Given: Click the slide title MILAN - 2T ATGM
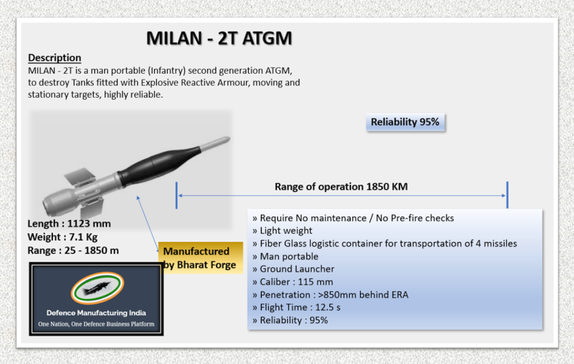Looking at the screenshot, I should (219, 38).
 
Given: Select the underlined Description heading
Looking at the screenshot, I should (54, 58).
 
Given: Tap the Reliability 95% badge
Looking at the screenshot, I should (405, 122).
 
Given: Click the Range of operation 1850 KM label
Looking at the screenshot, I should (341, 186).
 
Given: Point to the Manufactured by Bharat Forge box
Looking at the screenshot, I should (200, 258).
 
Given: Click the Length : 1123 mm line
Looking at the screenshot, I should (69, 224).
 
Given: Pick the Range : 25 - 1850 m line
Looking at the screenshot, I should (73, 251).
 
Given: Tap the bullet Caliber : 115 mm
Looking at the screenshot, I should (296, 282).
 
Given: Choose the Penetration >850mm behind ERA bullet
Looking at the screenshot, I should (334, 295).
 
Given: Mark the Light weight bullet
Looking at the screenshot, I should (286, 231).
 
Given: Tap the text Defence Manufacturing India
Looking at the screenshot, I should (96, 313).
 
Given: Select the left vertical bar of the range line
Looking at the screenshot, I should (177, 195).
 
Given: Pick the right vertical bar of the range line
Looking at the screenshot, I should (507, 195).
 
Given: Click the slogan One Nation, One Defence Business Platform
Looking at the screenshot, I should (96, 324).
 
